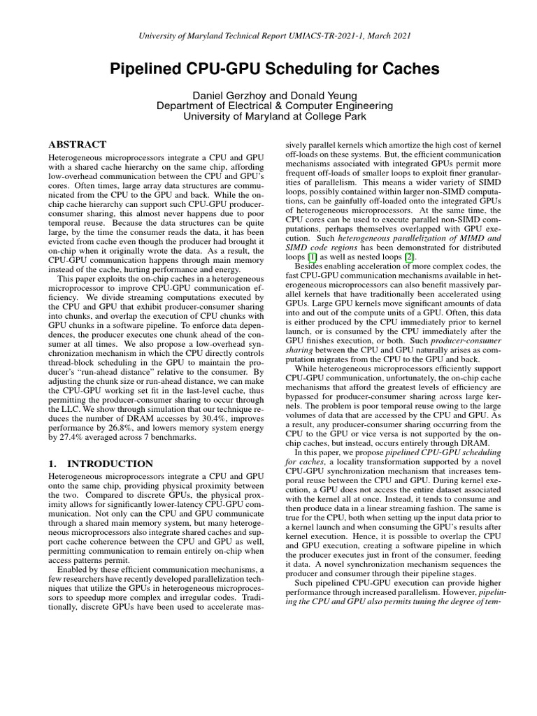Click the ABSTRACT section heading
(78, 143)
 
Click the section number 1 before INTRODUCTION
(52, 464)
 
